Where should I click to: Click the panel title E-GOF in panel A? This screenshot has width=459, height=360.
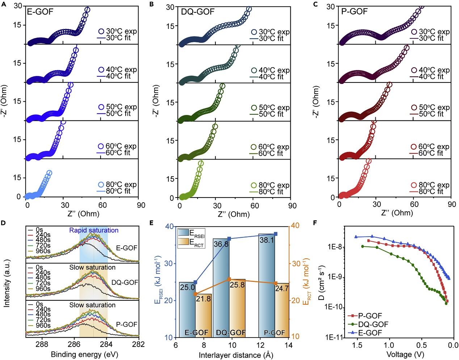coord(40,12)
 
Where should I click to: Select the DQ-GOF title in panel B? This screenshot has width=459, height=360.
coord(198,12)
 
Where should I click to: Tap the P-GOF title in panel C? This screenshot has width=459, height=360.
coord(354,12)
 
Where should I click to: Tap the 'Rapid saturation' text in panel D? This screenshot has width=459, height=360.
coord(94,230)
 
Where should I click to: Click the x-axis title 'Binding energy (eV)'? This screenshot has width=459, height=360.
coord(85,353)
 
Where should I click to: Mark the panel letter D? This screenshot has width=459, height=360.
coord(3,223)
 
